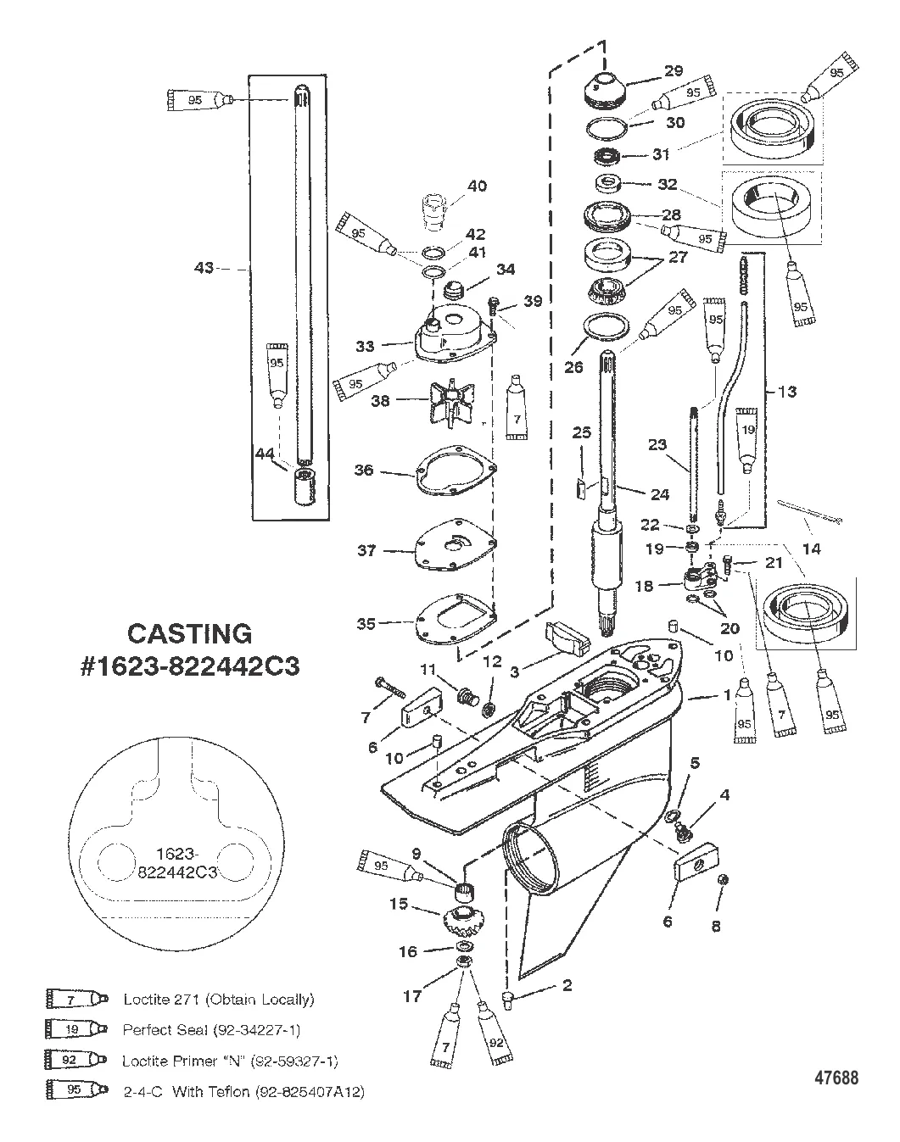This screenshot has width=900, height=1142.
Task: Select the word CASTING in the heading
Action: coord(189,633)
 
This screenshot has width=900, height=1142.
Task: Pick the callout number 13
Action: coord(786,391)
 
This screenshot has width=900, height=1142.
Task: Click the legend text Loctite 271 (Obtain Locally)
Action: coord(219,1000)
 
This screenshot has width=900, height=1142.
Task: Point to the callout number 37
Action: coord(366,550)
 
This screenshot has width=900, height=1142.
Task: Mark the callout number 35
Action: coord(366,624)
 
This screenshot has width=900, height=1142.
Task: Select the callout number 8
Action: coord(716,926)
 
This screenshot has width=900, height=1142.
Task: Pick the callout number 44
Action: coord(266,454)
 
